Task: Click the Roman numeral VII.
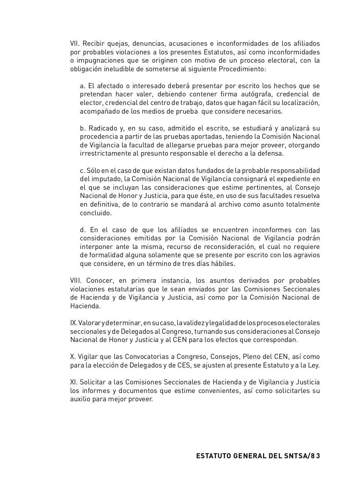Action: (x=75, y=43)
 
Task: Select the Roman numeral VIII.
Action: (x=76, y=280)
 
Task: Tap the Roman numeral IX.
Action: (x=73, y=323)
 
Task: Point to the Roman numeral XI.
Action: (x=73, y=382)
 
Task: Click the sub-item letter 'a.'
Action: (x=82, y=86)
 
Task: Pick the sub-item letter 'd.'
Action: (x=83, y=230)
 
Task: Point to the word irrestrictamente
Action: (x=103, y=153)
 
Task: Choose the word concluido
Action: (x=96, y=213)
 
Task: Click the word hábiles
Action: (x=224, y=264)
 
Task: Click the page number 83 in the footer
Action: (x=316, y=456)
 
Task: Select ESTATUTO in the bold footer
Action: (x=213, y=456)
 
